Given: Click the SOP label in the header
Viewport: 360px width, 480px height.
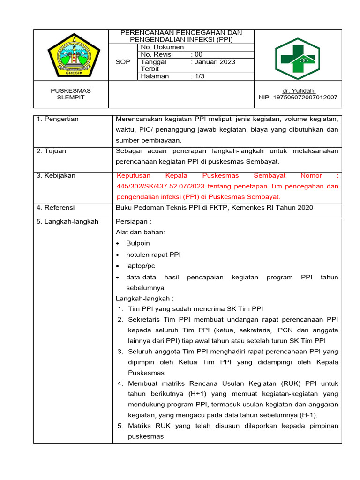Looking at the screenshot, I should coord(122,62).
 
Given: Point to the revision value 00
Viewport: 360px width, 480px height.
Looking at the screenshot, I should coord(198,54).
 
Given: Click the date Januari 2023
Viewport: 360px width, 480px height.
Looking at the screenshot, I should coord(215,62).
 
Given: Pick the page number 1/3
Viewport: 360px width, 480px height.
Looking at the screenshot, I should coord(200,76).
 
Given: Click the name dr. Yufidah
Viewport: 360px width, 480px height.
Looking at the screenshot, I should coord(298,90).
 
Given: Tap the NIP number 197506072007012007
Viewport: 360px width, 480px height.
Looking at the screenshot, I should coord(298,97).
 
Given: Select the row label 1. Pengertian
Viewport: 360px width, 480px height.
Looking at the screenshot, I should coord(58,119).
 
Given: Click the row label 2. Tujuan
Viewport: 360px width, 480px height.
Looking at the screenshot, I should coord(52,151).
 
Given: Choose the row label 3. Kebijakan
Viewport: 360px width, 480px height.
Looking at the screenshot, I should coord(56,175).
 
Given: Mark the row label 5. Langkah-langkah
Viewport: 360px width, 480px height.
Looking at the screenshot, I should coord(67,221).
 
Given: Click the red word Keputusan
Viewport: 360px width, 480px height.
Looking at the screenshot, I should coord(134,175).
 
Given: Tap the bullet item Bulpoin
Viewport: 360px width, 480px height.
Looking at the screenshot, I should coord(138,243).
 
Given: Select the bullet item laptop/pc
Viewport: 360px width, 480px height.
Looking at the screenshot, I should coord(141,266).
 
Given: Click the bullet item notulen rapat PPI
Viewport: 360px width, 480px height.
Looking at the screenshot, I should coord(153,255).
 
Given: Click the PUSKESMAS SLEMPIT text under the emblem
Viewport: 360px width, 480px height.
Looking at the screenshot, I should coord(71,94).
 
